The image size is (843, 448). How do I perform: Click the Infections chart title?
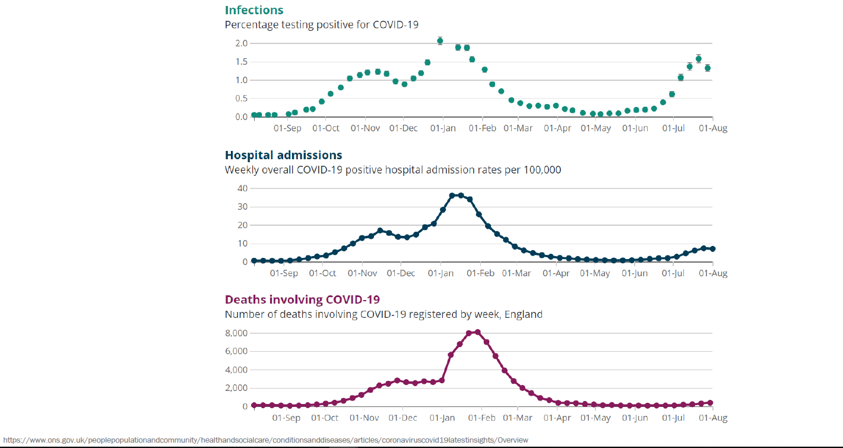tap(254, 10)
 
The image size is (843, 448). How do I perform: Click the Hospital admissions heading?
tap(283, 155)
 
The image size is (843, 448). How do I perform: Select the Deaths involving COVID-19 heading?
tap(302, 299)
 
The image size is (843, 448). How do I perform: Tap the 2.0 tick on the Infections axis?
tap(241, 43)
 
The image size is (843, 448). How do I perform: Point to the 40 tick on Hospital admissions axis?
tap(242, 188)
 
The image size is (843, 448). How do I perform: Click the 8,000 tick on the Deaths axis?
tap(236, 333)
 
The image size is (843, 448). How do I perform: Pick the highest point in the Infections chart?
tap(440, 41)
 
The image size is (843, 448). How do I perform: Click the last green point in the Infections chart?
tap(708, 68)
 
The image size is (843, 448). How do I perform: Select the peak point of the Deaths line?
tap(477, 332)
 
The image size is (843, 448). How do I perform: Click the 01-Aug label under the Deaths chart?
tap(713, 418)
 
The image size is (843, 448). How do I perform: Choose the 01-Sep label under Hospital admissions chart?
tap(284, 273)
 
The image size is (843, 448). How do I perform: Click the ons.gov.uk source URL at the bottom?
tap(265, 440)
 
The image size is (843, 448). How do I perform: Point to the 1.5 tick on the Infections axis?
tap(241, 62)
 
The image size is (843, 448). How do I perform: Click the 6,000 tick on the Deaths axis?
tap(236, 351)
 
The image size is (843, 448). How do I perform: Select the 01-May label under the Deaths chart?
tap(595, 418)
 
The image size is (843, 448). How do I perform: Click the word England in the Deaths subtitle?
tap(524, 314)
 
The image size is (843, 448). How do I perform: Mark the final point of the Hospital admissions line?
tap(712, 249)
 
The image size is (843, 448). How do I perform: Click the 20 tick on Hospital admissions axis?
tap(242, 225)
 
